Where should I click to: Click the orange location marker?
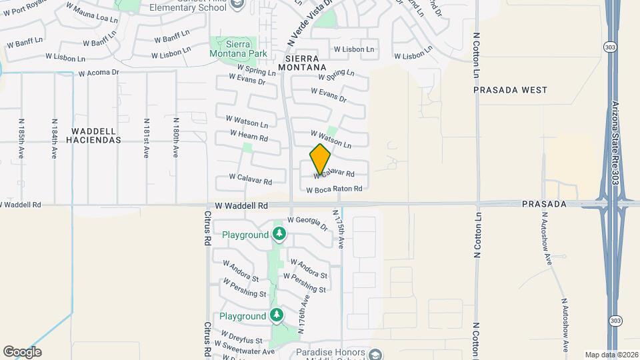(x=320, y=159)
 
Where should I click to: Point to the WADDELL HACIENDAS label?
(x=94, y=136)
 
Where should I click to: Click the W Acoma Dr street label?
(x=99, y=73)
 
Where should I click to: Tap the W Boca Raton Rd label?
(x=334, y=189)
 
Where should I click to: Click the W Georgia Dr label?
(x=308, y=223)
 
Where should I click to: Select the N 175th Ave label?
(x=339, y=228)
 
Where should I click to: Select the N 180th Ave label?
(x=175, y=138)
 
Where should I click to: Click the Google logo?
(x=22, y=352)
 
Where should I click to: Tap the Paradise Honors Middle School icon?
(x=375, y=354)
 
